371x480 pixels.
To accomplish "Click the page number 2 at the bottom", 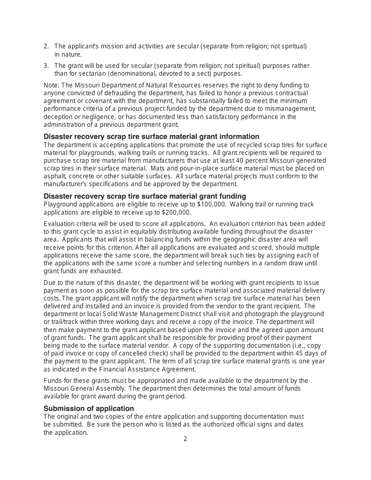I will pos(185,439).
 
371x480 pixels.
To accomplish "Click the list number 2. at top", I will pos(46,46).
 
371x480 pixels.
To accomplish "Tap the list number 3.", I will pos(46,66).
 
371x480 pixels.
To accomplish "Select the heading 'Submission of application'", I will pos(89,408).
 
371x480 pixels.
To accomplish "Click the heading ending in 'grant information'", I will pos(151,137).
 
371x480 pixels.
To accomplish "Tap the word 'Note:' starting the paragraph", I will pos(52,85).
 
